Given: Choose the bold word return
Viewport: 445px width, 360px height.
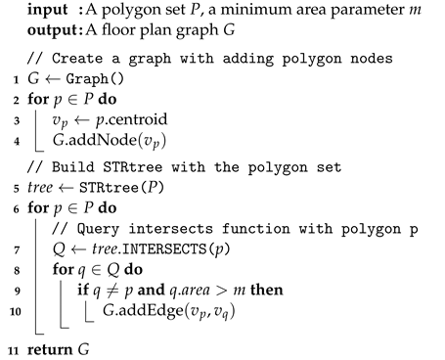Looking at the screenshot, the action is click(x=41, y=347).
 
